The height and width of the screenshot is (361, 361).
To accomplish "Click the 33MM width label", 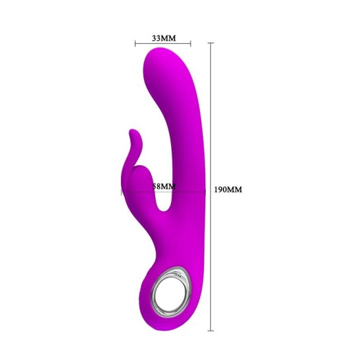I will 164,38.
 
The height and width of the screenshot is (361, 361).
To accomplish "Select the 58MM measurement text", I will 164,186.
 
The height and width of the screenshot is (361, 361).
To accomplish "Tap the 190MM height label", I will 228,190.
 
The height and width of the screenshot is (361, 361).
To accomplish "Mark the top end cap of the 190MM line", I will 210,43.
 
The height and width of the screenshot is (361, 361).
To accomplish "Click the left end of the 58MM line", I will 122,192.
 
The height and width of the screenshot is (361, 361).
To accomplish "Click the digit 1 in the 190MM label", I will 216,190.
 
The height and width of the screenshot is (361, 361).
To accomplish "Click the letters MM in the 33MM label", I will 169,38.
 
